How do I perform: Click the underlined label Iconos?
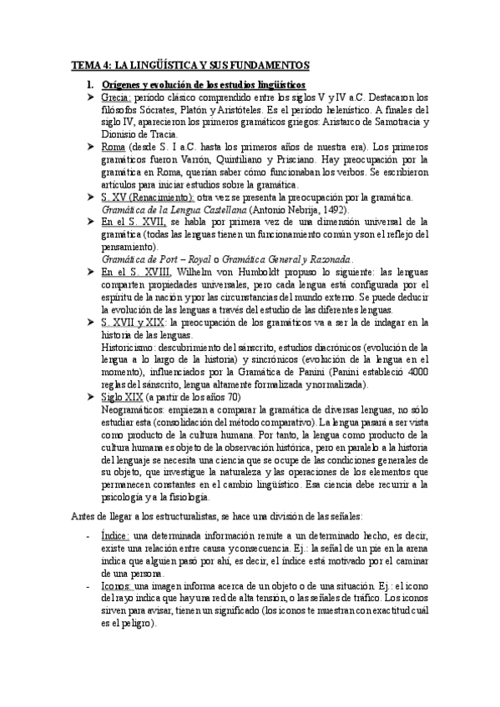point(115,585)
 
